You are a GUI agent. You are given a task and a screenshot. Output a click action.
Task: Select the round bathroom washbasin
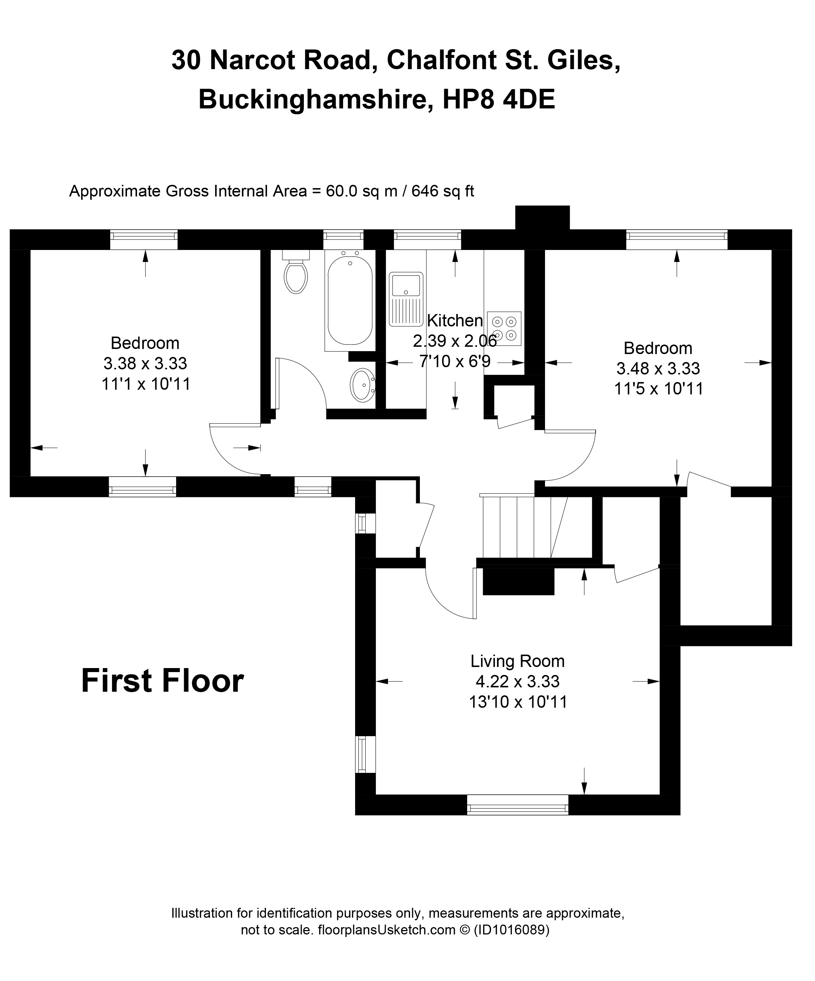(362, 385)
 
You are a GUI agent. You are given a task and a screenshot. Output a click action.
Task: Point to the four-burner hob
(504, 329)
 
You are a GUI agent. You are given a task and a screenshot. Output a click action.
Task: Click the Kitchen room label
(455, 321)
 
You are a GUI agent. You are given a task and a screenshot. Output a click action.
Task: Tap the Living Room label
(517, 662)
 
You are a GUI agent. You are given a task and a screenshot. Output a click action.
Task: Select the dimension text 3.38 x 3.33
(145, 364)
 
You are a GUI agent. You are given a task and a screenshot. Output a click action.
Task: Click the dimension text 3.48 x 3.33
(658, 369)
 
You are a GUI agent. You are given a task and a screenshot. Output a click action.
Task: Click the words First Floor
(163, 681)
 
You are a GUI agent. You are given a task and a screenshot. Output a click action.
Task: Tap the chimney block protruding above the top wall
(542, 217)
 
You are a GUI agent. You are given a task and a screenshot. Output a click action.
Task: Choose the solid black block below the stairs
(518, 581)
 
